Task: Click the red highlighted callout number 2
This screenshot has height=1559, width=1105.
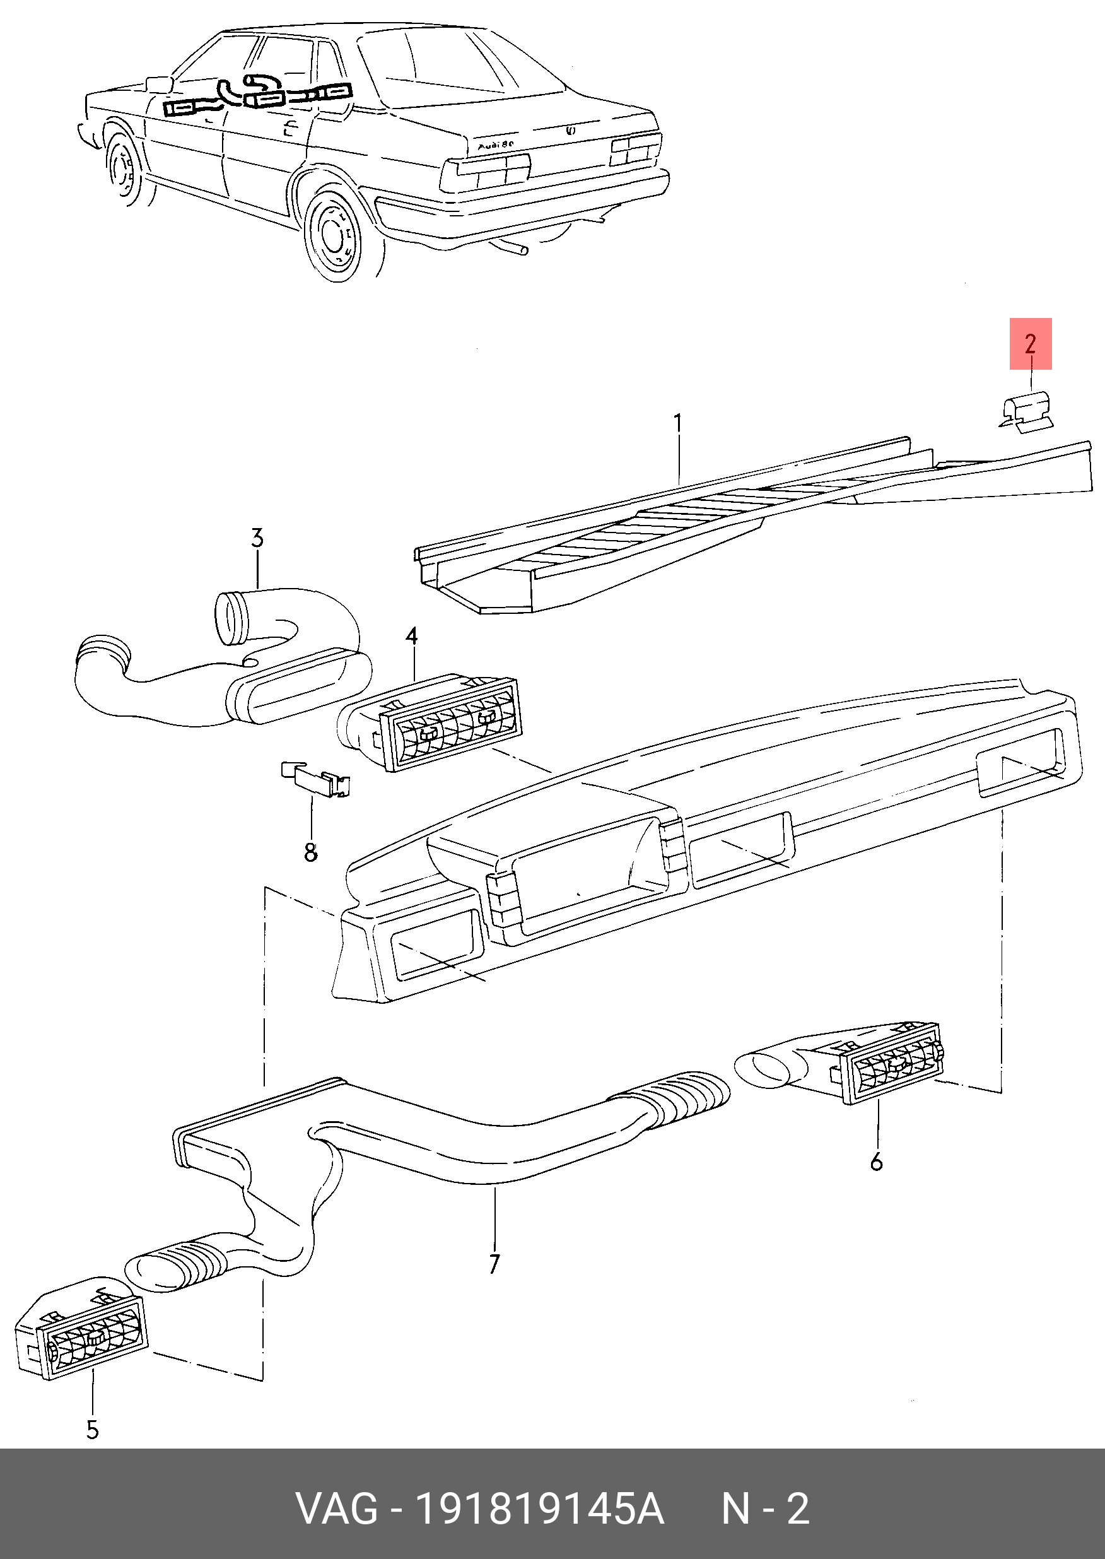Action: tap(1030, 344)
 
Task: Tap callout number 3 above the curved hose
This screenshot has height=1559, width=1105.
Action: tap(257, 538)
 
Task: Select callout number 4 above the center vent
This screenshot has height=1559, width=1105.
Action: tap(411, 636)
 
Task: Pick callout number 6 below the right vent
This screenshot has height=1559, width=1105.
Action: tap(877, 1161)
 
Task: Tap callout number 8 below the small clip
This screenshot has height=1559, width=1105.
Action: tap(311, 851)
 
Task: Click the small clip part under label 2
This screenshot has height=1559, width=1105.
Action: tap(1026, 413)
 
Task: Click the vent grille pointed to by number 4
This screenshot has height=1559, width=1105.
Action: tap(449, 725)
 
